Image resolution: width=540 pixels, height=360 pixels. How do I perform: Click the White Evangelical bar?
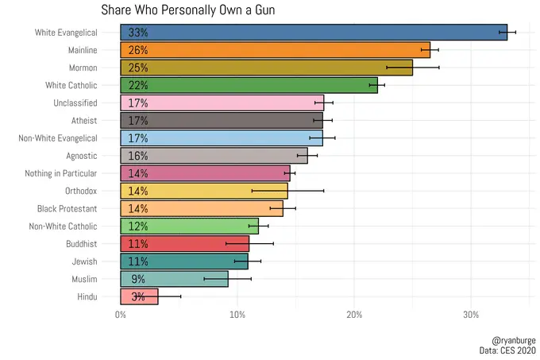coord(314,33)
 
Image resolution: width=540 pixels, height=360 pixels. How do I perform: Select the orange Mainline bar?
coord(275,50)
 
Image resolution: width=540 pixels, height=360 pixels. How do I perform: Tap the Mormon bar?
coord(266,68)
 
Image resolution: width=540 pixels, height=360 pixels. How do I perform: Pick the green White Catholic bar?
coord(249,85)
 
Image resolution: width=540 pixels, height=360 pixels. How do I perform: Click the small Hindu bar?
coord(139,296)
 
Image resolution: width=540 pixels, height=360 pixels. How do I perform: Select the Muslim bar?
coord(174,279)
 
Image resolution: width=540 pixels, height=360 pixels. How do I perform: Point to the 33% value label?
coord(138,33)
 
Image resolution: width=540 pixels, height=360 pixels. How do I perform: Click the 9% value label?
coord(138,279)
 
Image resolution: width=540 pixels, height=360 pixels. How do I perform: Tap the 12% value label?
coord(138,226)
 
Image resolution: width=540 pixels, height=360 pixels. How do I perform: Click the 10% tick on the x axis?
coord(237,315)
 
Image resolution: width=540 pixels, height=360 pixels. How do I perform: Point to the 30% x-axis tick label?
coord(471,315)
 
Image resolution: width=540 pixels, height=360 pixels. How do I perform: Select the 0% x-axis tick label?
coord(121,315)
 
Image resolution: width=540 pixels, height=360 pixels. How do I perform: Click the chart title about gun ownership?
coord(188,10)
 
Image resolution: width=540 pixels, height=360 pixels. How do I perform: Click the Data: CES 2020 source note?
coord(503,350)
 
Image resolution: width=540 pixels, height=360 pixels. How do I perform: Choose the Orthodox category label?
coord(81,191)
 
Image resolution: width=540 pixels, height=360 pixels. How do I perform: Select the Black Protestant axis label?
coord(67,208)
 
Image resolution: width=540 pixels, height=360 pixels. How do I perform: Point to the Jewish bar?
coord(184,261)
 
